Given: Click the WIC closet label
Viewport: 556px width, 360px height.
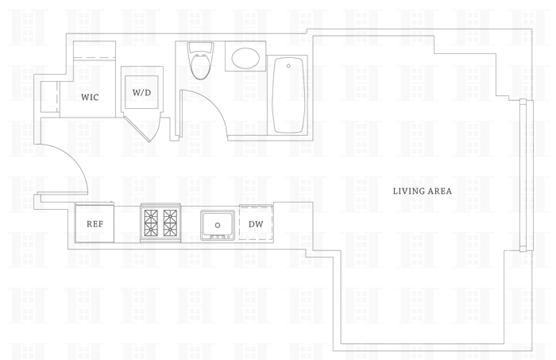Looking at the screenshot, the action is click(x=90, y=98).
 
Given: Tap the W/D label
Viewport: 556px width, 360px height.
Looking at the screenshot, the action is click(x=141, y=92).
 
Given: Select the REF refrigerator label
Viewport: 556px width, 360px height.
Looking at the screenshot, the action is click(x=95, y=224).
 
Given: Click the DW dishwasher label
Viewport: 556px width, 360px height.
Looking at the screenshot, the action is click(x=255, y=224).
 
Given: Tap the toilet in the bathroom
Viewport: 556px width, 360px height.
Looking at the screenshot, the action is click(x=198, y=64).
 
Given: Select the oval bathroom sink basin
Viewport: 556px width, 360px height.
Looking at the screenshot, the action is click(x=245, y=57).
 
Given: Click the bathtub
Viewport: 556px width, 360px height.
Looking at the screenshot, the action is click(x=288, y=95).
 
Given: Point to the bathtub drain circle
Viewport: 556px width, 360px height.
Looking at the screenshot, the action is click(x=288, y=65).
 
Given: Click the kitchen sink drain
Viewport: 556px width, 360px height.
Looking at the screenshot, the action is click(x=218, y=226).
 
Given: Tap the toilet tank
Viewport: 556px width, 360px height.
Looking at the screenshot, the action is click(x=198, y=48).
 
